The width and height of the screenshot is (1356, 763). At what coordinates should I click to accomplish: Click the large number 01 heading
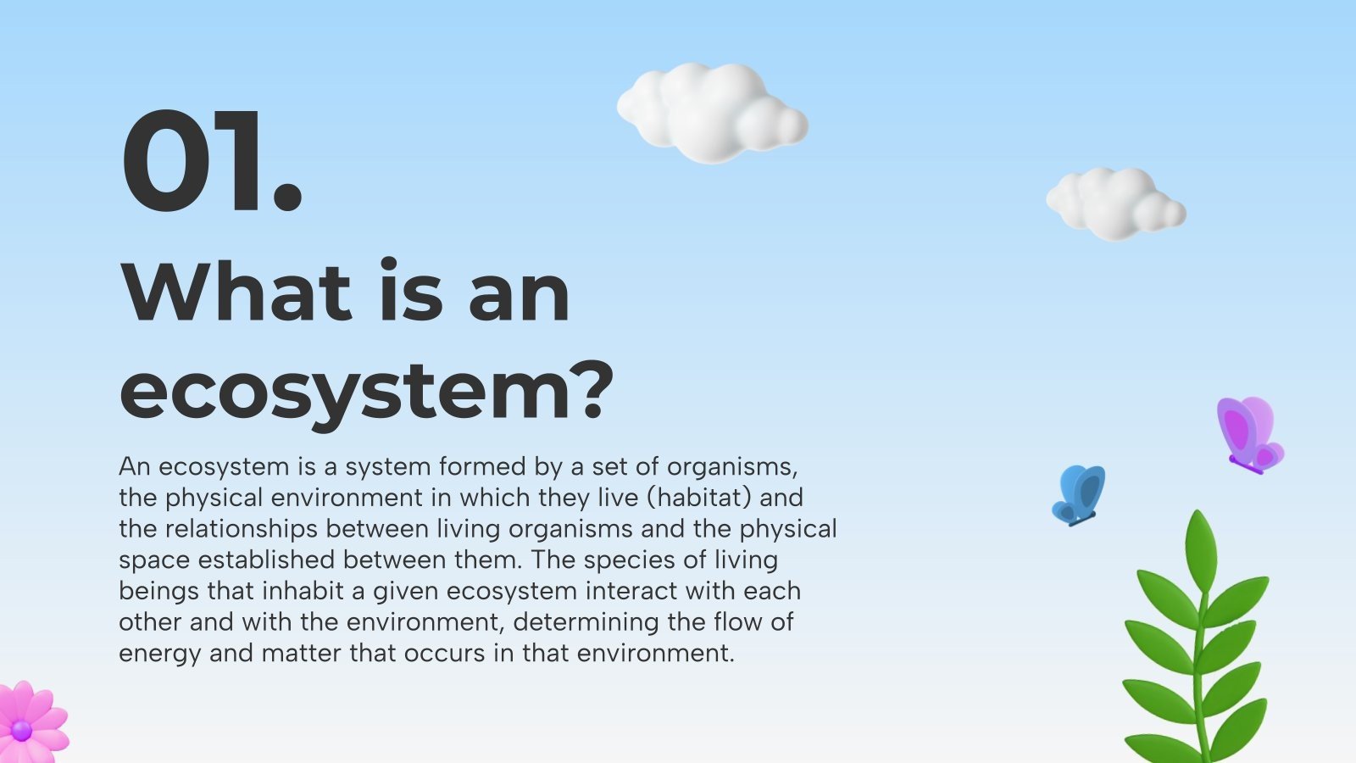212,161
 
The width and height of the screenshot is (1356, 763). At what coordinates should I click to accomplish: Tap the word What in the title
237,292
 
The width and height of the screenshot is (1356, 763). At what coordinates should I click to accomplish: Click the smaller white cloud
1115,203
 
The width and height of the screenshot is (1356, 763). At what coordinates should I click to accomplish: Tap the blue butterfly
1079,494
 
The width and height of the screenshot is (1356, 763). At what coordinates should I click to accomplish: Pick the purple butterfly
1249,434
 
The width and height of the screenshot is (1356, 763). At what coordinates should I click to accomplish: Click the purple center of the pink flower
21,730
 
